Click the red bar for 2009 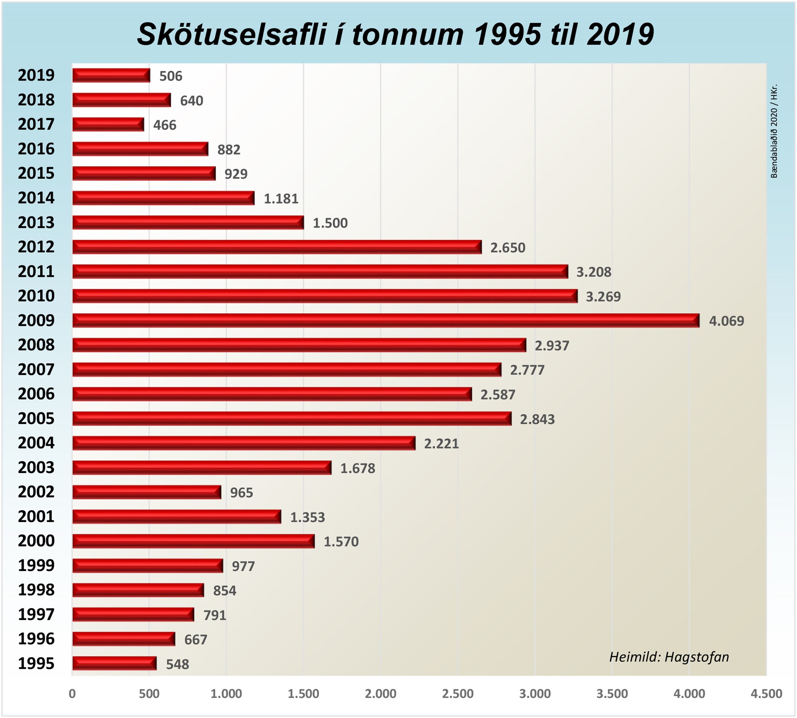tap(386, 320)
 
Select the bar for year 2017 tap(108, 124)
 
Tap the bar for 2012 tap(277, 247)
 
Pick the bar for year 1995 tap(114, 663)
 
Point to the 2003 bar tap(202, 467)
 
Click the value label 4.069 tap(726, 321)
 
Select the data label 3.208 tap(593, 272)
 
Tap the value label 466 tap(165, 125)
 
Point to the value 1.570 tap(341, 541)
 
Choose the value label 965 tap(241, 492)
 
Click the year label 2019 tap(36, 75)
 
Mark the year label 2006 tap(36, 394)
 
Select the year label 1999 tap(36, 565)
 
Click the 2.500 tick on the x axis tap(458, 694)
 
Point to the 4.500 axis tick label tap(766, 694)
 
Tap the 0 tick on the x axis tap(72, 694)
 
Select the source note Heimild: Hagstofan tap(669, 657)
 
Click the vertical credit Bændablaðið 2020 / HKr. tap(774, 131)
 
